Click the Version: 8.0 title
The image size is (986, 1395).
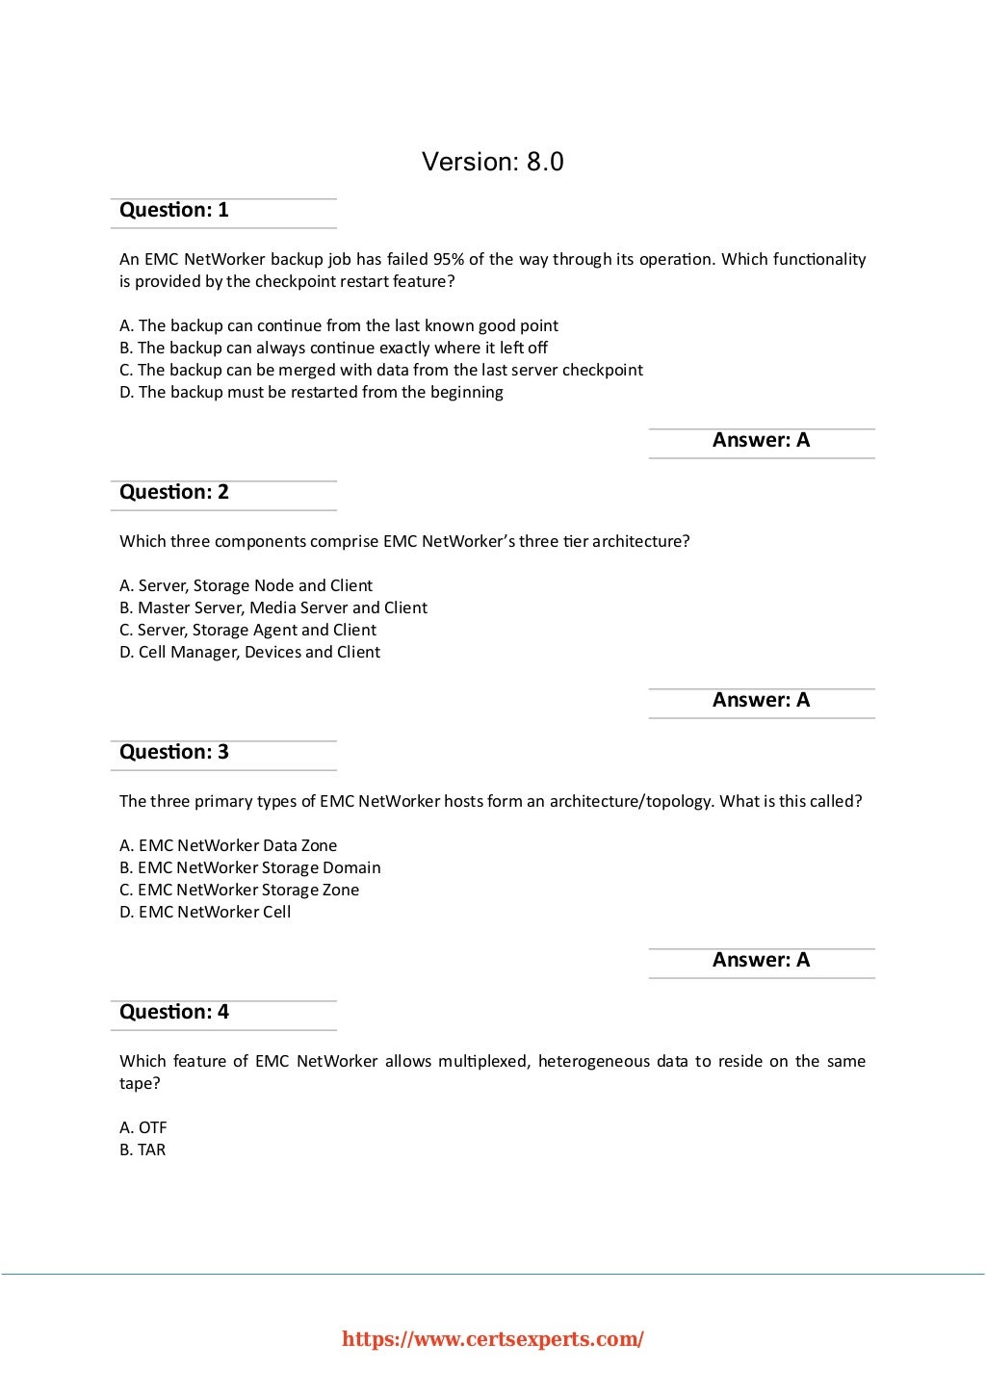click(x=492, y=162)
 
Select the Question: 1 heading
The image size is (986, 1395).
click(x=174, y=210)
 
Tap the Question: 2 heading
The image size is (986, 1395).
click(x=174, y=492)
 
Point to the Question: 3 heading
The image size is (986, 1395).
click(x=174, y=752)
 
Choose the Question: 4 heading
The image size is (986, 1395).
click(x=174, y=1012)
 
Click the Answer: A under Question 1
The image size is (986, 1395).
click(x=761, y=440)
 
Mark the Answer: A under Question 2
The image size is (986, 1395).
click(x=761, y=700)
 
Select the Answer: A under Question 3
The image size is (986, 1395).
click(x=761, y=960)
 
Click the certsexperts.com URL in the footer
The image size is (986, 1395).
click(x=493, y=1339)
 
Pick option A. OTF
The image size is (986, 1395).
click(x=143, y=1127)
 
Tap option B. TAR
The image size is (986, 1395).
click(x=143, y=1150)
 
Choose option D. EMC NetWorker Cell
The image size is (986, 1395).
click(x=205, y=912)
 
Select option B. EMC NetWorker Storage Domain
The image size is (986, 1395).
click(x=250, y=867)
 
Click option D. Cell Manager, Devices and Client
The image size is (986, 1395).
click(x=249, y=652)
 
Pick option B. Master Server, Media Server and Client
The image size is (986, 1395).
click(x=273, y=607)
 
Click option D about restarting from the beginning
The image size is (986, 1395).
click(x=311, y=392)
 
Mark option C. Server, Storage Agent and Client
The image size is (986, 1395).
click(x=247, y=630)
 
